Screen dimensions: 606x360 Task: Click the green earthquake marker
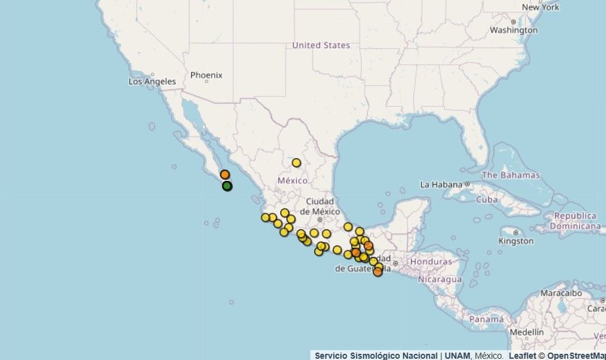[x=227, y=186]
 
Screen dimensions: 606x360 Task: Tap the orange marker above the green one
[x=225, y=175]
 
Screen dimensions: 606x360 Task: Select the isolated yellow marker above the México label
[x=296, y=163]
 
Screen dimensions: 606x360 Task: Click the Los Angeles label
[x=152, y=82]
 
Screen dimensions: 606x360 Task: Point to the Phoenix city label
[x=206, y=75]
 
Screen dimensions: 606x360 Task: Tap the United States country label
[x=321, y=45]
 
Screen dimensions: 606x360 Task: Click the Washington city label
[x=513, y=30]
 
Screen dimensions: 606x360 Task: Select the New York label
[x=540, y=7]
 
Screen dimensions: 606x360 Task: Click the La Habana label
[x=441, y=185]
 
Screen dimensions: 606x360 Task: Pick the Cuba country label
[x=486, y=199]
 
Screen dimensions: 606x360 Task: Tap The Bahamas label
[x=510, y=175]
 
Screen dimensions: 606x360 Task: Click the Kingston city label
[x=516, y=241]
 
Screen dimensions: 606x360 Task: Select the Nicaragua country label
[x=440, y=279]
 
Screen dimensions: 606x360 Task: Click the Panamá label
[x=486, y=320]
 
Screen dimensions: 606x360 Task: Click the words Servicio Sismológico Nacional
[x=376, y=356]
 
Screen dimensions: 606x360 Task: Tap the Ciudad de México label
[x=320, y=206]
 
